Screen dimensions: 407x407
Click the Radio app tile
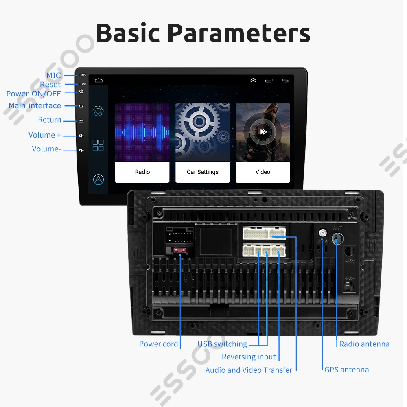click(x=142, y=142)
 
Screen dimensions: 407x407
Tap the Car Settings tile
click(x=202, y=142)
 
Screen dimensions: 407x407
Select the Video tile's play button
click(x=263, y=131)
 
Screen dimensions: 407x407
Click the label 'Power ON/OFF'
click(x=33, y=94)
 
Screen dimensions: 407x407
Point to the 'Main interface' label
click(x=35, y=106)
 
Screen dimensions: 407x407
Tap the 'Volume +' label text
click(x=44, y=135)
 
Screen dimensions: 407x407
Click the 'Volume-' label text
click(x=46, y=149)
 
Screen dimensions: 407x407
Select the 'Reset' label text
click(x=50, y=85)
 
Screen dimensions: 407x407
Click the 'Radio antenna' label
click(x=364, y=344)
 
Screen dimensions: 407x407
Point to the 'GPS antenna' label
click(x=346, y=370)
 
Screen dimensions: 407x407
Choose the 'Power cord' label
click(x=158, y=344)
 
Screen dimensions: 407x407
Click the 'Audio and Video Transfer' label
click(x=249, y=370)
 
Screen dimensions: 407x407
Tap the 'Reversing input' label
click(x=249, y=357)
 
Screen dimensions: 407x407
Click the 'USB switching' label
click(x=222, y=344)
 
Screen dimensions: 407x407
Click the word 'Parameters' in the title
click(x=239, y=33)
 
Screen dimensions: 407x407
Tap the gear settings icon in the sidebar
click(x=98, y=110)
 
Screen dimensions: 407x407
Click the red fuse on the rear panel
click(x=179, y=249)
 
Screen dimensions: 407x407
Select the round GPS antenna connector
click(x=322, y=234)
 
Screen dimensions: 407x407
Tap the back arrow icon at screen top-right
click(x=285, y=81)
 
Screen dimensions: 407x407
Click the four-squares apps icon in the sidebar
click(x=98, y=145)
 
